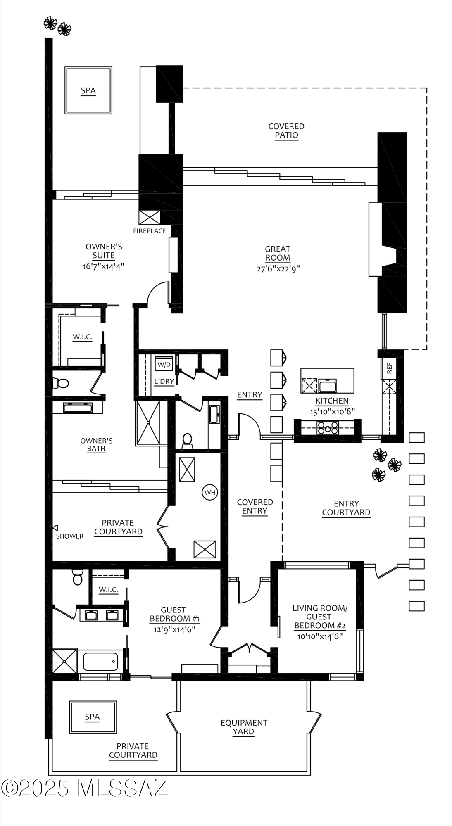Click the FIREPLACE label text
coord(149,231)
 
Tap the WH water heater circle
coord(210,492)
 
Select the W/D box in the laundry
coord(164,365)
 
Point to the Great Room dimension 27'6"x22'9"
coord(278,268)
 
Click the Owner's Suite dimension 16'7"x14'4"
coord(103,266)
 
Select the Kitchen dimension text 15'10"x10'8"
coord(332,411)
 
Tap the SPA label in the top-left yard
coord(88,91)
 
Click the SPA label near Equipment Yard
coord(92,717)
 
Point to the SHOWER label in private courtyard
coord(70,536)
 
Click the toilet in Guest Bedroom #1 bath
coord(77,577)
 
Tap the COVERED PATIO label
coord(286,131)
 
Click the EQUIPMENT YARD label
coord(244,727)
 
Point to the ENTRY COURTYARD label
coord(346,508)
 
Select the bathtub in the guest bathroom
coord(101,661)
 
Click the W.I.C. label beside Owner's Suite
coord(82,337)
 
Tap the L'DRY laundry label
coord(164,381)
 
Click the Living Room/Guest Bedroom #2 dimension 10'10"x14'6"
coord(320,636)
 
